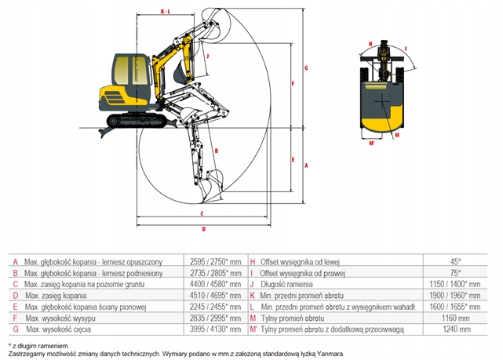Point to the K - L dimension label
[x=165, y=12]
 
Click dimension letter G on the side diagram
[x=305, y=68]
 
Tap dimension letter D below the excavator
[x=202, y=229]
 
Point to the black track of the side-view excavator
[x=138, y=121]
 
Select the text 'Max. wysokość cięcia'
[x=55, y=330]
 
